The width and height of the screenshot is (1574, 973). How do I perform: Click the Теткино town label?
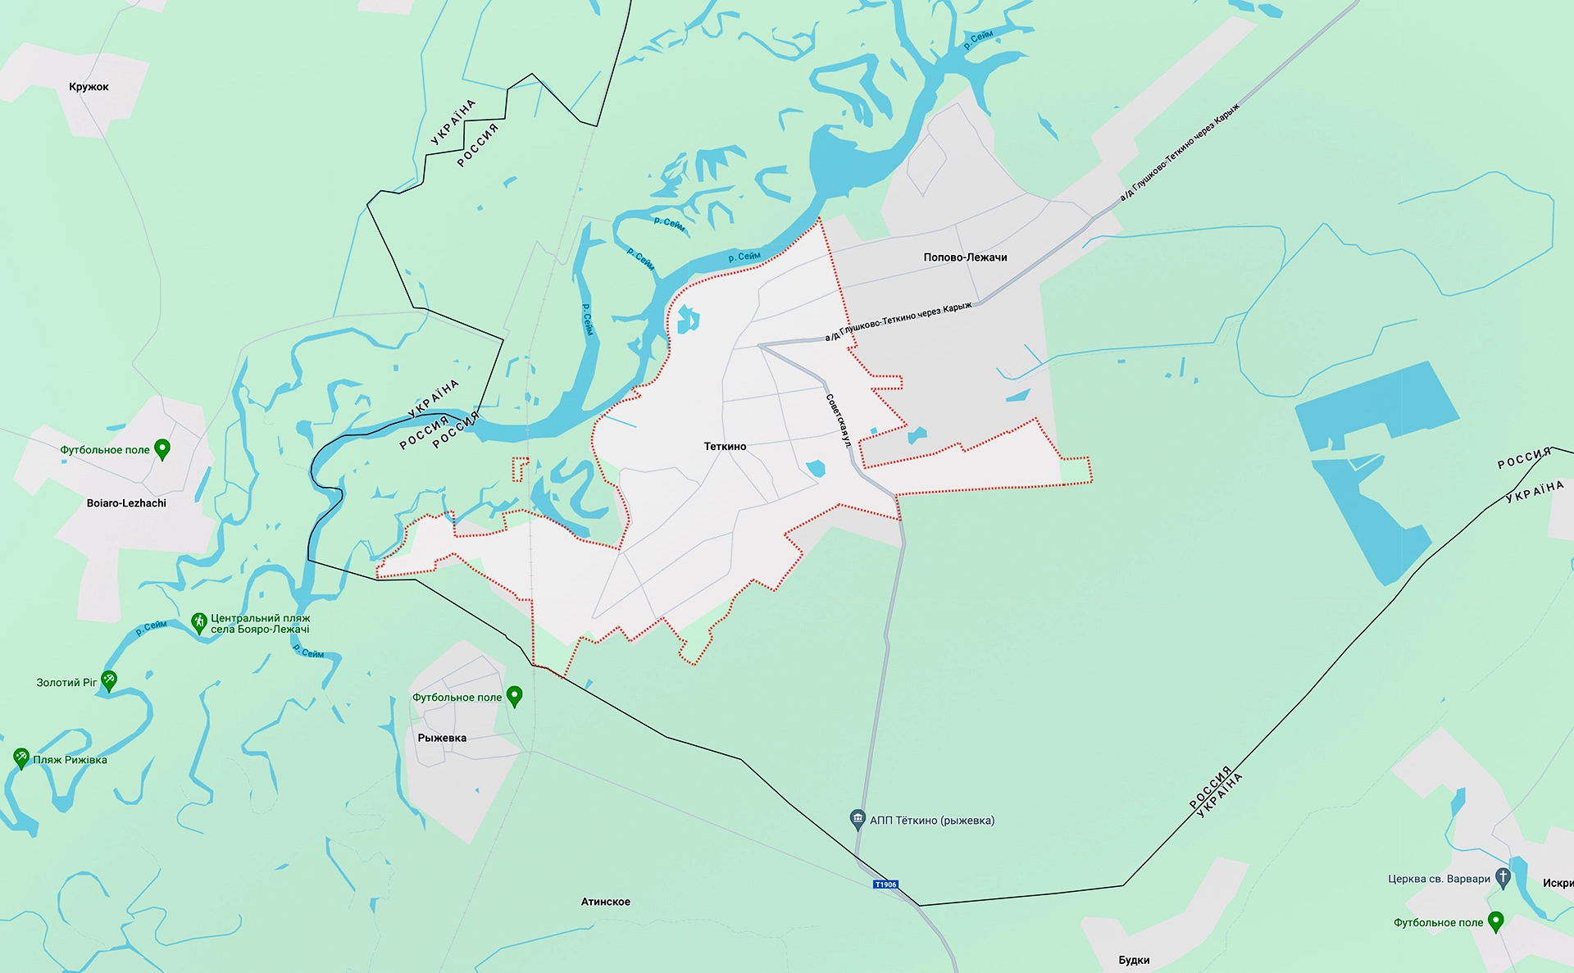tap(725, 447)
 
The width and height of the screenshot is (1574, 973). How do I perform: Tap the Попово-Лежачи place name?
tap(965, 257)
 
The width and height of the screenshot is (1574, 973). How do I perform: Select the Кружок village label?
tap(89, 87)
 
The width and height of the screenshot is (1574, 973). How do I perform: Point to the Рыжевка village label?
tap(442, 738)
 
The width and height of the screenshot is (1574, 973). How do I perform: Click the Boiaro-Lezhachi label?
tap(126, 503)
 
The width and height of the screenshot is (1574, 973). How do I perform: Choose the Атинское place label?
tap(605, 902)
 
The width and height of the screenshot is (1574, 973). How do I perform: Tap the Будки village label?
tap(1134, 960)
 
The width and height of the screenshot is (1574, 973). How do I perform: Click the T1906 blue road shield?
tap(885, 884)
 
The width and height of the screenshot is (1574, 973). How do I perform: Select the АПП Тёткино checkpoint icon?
tap(858, 818)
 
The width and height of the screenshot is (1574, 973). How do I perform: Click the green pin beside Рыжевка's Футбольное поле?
tap(515, 696)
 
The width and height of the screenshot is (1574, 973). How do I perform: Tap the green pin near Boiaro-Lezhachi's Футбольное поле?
tap(162, 448)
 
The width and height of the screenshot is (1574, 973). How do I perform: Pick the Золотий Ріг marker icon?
tap(109, 680)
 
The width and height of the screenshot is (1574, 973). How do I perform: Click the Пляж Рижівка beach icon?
tap(21, 757)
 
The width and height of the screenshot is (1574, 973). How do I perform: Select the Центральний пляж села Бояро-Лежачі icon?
tap(198, 622)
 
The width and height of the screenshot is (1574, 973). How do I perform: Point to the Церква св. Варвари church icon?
tap(1503, 877)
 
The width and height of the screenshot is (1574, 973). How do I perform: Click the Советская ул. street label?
tap(838, 421)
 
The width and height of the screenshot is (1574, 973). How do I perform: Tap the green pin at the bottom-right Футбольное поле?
tap(1495, 921)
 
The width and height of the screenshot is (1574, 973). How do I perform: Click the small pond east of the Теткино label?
tap(815, 469)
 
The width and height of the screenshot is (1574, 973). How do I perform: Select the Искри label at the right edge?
tap(1558, 883)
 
